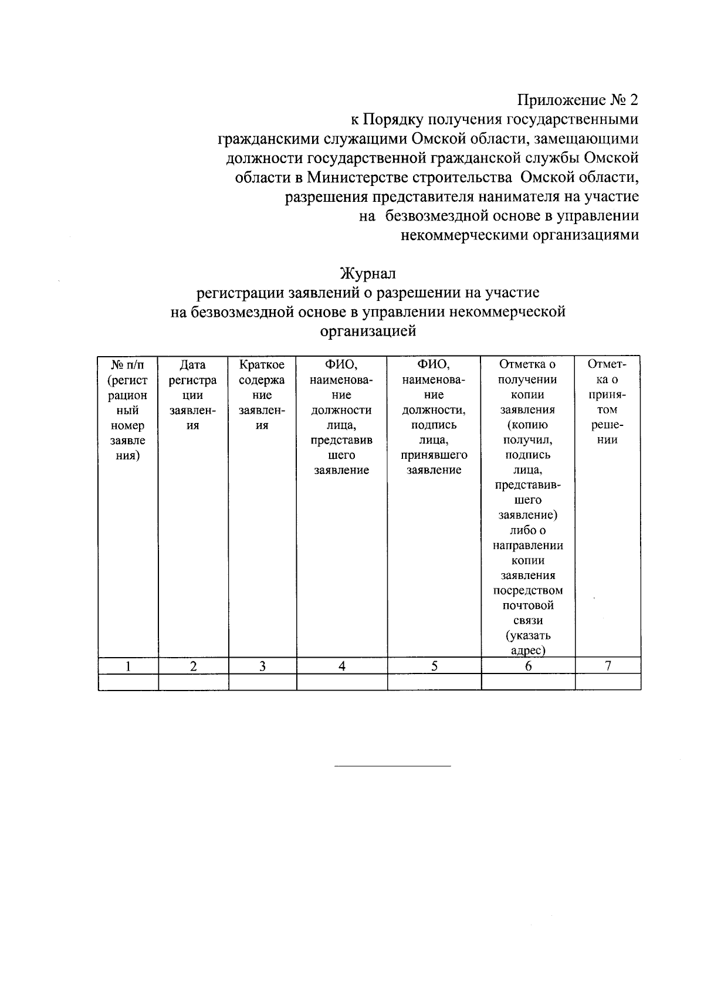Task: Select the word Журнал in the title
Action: click(x=368, y=273)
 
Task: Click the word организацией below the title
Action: click(x=368, y=331)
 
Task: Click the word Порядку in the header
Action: click(x=393, y=120)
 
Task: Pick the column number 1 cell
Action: click(x=128, y=666)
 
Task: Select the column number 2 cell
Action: click(x=193, y=666)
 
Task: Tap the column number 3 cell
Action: click(x=262, y=666)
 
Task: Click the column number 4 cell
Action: click(x=341, y=666)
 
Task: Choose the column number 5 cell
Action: click(x=434, y=666)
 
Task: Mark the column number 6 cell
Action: click(x=528, y=666)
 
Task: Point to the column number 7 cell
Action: click(x=608, y=665)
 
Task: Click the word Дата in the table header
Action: click(x=192, y=365)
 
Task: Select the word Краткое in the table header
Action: click(x=262, y=365)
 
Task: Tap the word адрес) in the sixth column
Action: click(x=527, y=651)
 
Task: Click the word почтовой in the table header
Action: click(x=527, y=605)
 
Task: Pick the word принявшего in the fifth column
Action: click(x=434, y=455)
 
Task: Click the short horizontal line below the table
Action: click(x=392, y=766)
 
